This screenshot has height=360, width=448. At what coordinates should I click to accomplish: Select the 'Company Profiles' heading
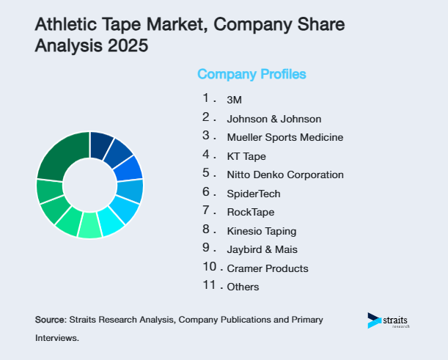coord(251,74)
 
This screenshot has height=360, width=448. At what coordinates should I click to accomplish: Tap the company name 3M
coord(235,100)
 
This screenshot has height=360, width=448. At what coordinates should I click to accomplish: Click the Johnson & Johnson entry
coord(274,119)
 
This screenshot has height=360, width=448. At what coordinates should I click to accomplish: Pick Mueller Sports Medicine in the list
coord(285,137)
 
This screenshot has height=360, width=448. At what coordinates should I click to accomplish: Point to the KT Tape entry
coord(246,156)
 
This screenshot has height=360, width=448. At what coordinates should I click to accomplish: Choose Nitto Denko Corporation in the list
coord(285,175)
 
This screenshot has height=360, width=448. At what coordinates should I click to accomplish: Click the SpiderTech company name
coord(254,194)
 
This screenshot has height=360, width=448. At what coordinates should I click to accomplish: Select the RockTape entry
coord(251,212)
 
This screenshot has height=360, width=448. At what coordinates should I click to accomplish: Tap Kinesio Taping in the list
coord(261,231)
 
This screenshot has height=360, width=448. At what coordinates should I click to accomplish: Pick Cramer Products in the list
coord(268,268)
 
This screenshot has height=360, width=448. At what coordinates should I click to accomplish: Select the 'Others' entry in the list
coord(243,287)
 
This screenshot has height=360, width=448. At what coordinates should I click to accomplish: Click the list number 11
coord(209,285)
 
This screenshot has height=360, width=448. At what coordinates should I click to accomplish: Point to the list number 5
coord(207,173)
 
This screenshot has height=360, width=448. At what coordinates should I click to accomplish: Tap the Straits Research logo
coord(389,320)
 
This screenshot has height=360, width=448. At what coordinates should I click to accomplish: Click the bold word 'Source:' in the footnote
coord(51,320)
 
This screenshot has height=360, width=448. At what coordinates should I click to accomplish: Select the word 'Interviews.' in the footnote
coord(56,339)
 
